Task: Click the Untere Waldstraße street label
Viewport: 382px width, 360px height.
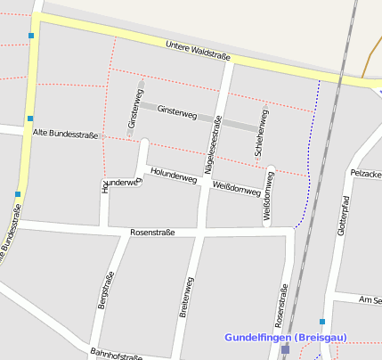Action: [x=199, y=52]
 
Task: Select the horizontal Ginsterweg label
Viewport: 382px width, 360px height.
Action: [x=176, y=111]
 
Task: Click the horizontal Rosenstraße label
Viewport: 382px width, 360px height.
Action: [x=152, y=233]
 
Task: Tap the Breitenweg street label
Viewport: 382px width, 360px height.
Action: [x=186, y=304]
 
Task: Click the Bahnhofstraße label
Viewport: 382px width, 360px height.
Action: [x=116, y=355]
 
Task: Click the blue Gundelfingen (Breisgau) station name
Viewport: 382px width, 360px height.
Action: [x=285, y=338]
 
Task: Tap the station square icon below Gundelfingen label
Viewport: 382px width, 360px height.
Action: [x=285, y=350]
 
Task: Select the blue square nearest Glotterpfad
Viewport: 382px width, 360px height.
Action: [x=321, y=321]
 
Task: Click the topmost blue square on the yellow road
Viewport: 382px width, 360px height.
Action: [x=31, y=37]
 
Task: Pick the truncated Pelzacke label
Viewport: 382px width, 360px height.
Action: [x=366, y=172]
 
